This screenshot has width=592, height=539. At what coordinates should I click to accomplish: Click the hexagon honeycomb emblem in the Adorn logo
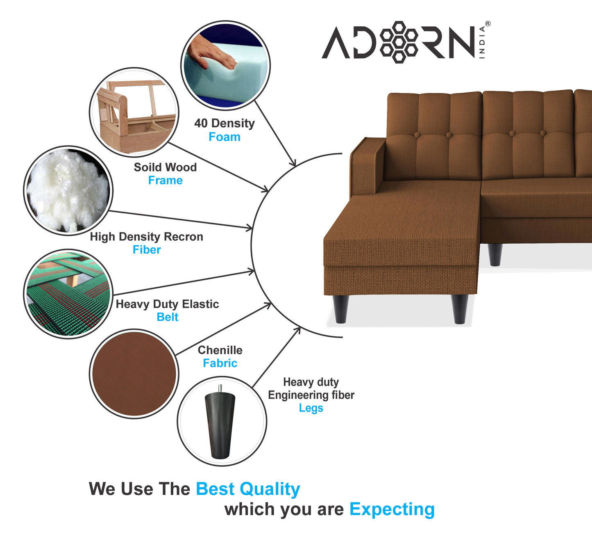click(398, 42)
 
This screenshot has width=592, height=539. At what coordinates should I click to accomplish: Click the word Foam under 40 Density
click(225, 137)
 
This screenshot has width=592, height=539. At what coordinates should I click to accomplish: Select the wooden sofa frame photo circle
click(134, 112)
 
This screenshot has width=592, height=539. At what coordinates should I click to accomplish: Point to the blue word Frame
click(165, 180)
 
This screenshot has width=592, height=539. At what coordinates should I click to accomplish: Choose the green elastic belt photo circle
click(68, 294)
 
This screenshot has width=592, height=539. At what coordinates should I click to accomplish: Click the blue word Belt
click(167, 317)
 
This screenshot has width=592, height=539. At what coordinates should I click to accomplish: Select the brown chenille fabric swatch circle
click(134, 373)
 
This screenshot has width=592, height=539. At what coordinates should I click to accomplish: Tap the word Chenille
click(220, 350)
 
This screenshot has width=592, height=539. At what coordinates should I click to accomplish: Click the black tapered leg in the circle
click(220, 425)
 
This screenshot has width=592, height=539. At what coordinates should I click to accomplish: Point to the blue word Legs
click(311, 408)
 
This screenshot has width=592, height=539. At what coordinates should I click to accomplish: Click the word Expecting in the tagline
click(392, 509)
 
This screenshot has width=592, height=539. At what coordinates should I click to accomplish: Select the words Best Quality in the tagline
click(248, 489)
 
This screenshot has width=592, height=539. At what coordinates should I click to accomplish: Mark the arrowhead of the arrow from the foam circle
click(293, 164)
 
